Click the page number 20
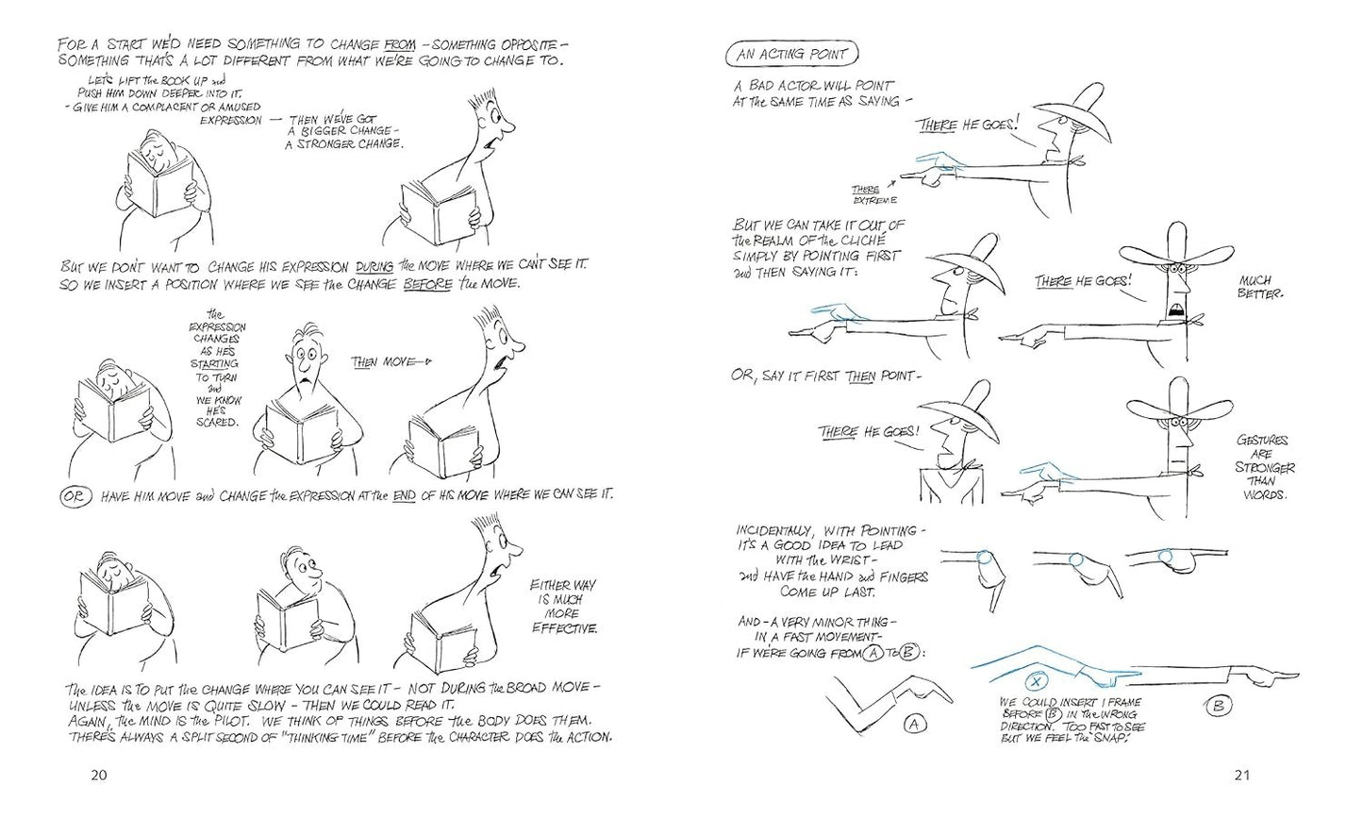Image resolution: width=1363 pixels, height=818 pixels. pos(98,776)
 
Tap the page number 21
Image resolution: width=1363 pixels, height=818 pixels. pos(1240,776)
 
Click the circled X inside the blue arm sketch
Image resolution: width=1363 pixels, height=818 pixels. pos(1037,679)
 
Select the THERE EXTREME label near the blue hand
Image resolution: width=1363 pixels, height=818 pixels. pos(873,195)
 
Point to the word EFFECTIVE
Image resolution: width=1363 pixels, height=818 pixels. pos(564,628)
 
